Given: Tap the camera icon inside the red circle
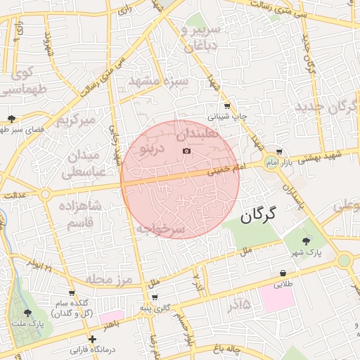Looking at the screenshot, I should tap(186, 150).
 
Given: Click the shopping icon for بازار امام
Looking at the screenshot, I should tap(279, 152).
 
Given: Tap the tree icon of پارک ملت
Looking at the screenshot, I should tap(28, 313).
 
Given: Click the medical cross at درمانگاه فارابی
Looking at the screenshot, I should tap(92, 340).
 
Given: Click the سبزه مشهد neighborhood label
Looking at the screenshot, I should tap(158, 82).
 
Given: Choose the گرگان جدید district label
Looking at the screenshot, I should tap(327, 108).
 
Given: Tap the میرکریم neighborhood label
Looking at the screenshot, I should tap(75, 120).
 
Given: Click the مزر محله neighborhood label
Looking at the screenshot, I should tap(109, 280).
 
